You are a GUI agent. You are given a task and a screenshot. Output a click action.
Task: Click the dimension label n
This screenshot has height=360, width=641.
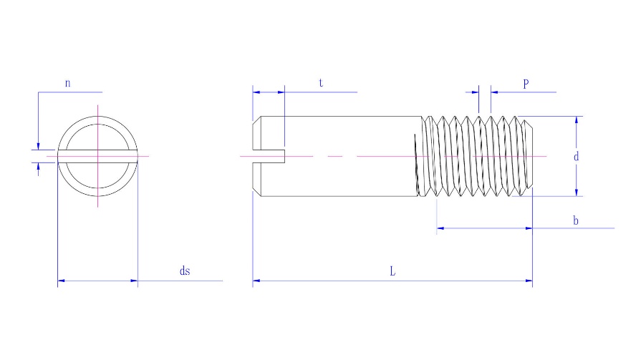point(68,83)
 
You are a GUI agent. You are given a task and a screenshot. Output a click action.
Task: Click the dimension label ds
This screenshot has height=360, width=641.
point(185,271)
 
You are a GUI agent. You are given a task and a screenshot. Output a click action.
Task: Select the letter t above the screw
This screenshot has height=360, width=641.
point(321,83)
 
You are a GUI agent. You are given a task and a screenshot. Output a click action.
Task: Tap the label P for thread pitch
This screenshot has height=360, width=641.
point(526,84)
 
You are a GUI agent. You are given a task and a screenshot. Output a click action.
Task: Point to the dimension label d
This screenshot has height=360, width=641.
point(576,157)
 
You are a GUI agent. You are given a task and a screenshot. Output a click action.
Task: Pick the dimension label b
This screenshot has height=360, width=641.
point(576,220)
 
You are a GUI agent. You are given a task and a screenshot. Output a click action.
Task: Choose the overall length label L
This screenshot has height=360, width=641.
point(392,271)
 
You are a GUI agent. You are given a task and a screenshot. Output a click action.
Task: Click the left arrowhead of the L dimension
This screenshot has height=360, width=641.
point(256,281)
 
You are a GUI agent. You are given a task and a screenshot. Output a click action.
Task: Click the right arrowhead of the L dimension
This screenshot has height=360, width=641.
point(529,281)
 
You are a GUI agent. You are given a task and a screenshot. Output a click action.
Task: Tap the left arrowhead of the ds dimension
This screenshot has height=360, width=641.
point(62,281)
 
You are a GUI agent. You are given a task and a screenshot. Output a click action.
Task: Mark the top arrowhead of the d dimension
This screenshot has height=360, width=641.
point(577,120)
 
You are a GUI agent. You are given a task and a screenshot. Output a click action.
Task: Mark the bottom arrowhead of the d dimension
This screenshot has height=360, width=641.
point(577,193)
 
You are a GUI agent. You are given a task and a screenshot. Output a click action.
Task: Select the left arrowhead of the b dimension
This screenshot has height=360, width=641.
point(440,228)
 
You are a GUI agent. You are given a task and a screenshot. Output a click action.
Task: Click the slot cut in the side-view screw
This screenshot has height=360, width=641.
point(269,157)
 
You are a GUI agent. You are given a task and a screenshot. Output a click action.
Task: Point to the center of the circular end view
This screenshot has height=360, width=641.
point(97,156)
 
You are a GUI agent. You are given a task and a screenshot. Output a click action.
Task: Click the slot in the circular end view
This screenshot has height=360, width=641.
point(97,156)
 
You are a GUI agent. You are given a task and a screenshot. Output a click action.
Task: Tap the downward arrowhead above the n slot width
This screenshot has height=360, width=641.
point(39,146)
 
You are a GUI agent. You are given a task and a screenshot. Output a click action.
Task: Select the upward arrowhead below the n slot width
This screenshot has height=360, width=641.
point(39,166)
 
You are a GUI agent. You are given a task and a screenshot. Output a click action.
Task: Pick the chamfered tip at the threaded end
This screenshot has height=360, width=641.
point(529,156)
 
